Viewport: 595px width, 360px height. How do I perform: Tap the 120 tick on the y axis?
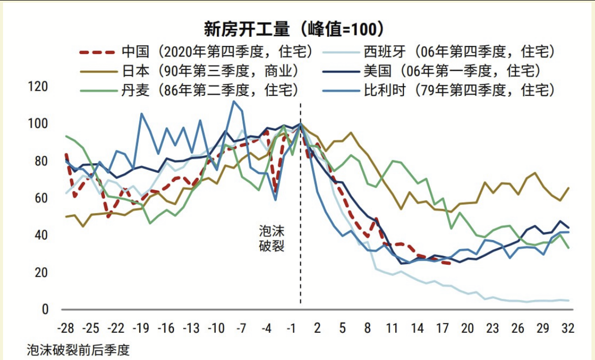click(38, 87)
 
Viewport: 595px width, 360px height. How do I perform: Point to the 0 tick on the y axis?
click(44, 310)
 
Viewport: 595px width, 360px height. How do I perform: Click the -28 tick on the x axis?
click(66, 329)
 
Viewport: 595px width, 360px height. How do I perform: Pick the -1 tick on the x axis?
click(291, 329)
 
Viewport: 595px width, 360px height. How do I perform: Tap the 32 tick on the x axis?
click(568, 329)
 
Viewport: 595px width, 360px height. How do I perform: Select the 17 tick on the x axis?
click(442, 329)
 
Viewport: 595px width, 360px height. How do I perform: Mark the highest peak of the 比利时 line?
click(233, 101)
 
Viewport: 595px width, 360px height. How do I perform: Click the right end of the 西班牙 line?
click(569, 301)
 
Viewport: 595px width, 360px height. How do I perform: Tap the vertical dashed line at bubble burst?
click(301, 202)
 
